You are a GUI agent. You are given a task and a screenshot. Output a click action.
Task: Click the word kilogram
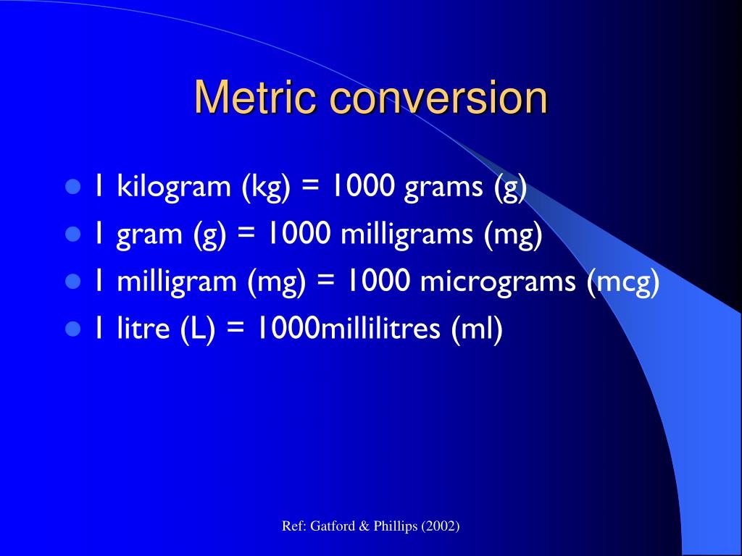coord(173,188)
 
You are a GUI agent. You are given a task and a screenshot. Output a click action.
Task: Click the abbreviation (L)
coord(197,329)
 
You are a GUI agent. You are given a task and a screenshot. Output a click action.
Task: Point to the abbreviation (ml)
coord(477,329)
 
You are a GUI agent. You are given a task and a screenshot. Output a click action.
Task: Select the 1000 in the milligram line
coord(377,282)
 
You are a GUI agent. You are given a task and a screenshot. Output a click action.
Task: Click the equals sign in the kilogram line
coord(311,188)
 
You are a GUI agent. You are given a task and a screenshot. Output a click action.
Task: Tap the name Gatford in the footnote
coord(330,526)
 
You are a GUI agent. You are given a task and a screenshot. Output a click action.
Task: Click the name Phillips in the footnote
coord(392,526)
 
